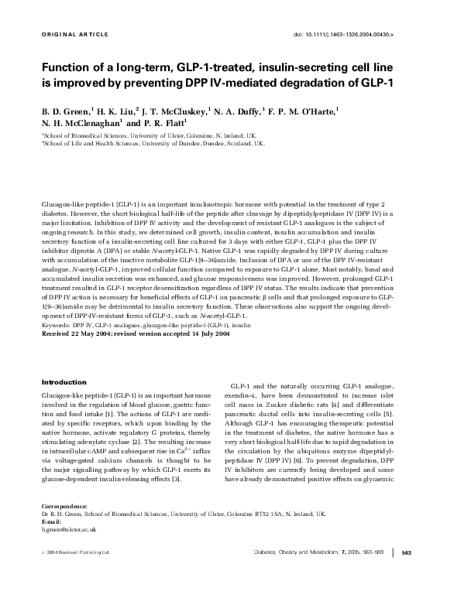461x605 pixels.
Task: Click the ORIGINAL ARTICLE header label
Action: tap(67, 35)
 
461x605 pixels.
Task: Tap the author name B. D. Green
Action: tap(65, 111)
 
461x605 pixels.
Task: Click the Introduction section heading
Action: tap(64, 382)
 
